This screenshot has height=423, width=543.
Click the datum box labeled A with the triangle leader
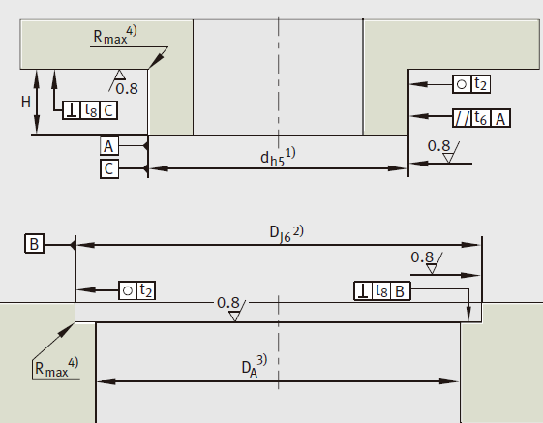click(x=109, y=146)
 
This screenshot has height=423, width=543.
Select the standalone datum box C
click(x=109, y=168)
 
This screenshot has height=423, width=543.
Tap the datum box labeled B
click(x=34, y=243)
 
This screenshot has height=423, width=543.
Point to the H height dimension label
click(x=26, y=103)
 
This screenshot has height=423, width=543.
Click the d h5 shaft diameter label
click(x=278, y=157)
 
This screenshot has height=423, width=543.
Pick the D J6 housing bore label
click(x=287, y=234)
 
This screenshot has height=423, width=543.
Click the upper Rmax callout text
click(x=115, y=35)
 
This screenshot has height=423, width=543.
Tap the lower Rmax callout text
click(x=57, y=367)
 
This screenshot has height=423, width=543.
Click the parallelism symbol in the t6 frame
click(x=462, y=118)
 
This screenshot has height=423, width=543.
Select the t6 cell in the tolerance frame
click(x=481, y=118)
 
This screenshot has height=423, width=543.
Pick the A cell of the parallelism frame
click(x=500, y=118)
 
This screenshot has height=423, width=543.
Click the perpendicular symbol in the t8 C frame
click(x=72, y=110)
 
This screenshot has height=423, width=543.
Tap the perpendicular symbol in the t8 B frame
click(x=363, y=290)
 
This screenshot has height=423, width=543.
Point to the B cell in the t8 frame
click(x=400, y=290)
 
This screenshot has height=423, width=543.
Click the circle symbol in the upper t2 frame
click(x=462, y=84)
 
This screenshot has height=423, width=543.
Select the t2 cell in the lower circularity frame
click(x=146, y=290)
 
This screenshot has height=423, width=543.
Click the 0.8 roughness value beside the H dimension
click(x=127, y=89)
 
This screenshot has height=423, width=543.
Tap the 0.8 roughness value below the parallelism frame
click(x=438, y=146)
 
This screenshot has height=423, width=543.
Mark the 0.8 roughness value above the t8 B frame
click(x=422, y=257)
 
